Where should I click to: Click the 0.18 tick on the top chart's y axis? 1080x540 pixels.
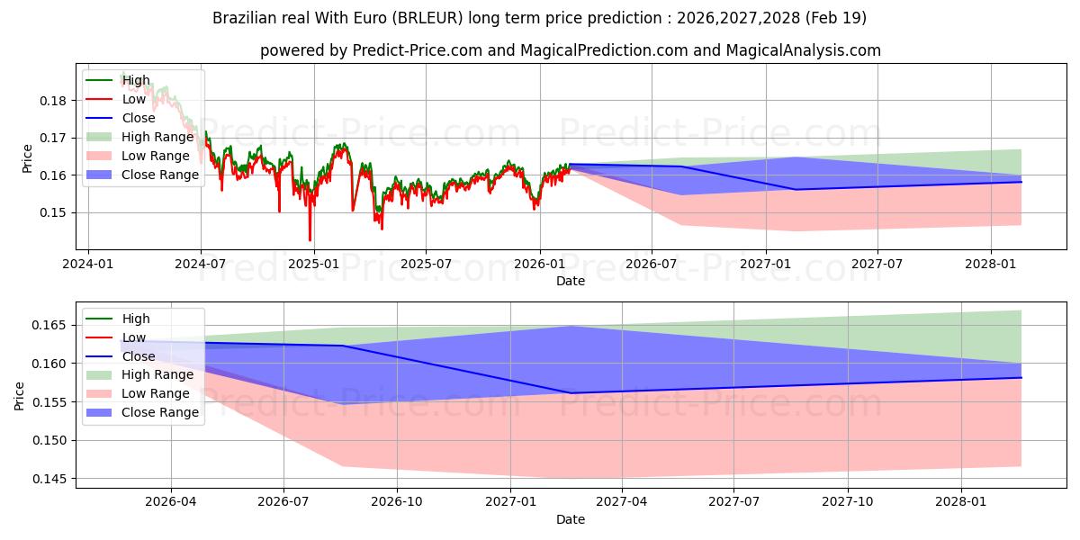52,101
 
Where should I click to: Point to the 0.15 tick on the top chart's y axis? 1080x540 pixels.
52,212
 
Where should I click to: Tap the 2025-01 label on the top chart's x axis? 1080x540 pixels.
313,265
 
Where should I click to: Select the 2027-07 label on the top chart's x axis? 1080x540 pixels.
877,265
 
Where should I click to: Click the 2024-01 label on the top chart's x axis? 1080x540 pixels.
88,265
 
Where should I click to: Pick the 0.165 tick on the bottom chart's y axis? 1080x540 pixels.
49,326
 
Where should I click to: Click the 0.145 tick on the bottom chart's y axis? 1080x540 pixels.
49,479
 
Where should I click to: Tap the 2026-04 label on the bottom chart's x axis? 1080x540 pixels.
171,502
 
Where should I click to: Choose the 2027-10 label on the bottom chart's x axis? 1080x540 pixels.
848,502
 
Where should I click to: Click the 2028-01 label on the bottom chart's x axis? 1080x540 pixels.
961,502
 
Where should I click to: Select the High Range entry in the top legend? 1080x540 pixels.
139,137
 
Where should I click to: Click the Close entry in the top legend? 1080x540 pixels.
121,118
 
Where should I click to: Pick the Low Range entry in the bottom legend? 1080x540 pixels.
138,393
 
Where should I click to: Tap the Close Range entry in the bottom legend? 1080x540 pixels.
142,412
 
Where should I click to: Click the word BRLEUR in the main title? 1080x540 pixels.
427,18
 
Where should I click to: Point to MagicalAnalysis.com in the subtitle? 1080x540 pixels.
803,50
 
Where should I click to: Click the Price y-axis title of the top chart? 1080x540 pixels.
27,158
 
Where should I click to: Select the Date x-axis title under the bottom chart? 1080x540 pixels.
571,519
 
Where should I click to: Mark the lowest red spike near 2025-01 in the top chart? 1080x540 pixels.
310,239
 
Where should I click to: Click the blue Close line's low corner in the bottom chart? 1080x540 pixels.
571,393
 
